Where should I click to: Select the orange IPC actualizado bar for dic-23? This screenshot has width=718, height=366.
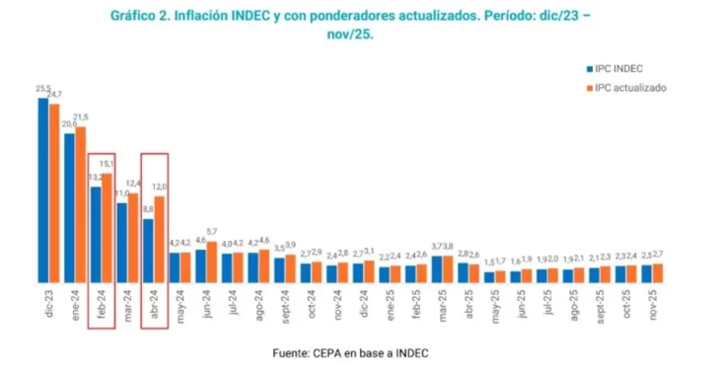click(x=54, y=192)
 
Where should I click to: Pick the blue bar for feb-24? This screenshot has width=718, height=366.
click(x=96, y=235)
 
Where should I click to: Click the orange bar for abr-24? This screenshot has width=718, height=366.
click(x=159, y=240)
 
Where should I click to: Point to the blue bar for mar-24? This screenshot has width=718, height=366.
click(x=122, y=243)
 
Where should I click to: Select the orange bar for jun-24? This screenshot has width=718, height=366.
click(x=211, y=262)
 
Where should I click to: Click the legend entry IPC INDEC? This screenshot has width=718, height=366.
click(x=618, y=68)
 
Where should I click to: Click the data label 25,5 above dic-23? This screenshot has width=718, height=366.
click(x=41, y=90)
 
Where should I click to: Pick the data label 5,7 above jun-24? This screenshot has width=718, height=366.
click(x=212, y=231)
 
